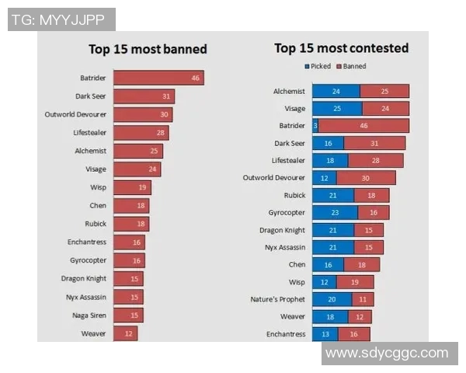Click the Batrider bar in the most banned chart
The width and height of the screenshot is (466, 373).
pyautogui.click(x=158, y=78)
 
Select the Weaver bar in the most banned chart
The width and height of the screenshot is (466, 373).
pyautogui.click(x=126, y=333)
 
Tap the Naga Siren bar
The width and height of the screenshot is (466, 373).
pyautogui.click(x=128, y=315)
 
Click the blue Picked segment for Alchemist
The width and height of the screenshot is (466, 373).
pyautogui.click(x=336, y=91)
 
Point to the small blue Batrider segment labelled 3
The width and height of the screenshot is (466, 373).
pyautogui.click(x=315, y=125)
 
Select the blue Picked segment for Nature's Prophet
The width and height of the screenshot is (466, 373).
pyautogui.click(x=332, y=299)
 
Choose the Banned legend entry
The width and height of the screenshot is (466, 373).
pyautogui.click(x=352, y=67)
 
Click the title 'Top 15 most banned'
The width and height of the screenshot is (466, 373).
pyautogui.click(x=148, y=49)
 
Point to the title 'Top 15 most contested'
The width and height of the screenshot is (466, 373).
pyautogui.click(x=341, y=48)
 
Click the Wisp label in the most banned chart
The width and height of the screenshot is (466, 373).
pyautogui.click(x=98, y=187)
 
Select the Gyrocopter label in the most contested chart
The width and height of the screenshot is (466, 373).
pyautogui.click(x=283, y=212)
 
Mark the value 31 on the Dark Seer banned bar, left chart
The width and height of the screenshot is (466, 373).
pyautogui.click(x=166, y=96)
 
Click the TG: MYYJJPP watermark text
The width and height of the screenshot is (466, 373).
pyautogui.click(x=61, y=19)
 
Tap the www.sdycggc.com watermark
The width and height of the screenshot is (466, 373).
pyautogui.click(x=387, y=354)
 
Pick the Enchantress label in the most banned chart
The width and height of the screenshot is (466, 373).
pyautogui.click(x=86, y=242)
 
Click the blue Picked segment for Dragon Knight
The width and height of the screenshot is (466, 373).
pyautogui.click(x=333, y=230)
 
